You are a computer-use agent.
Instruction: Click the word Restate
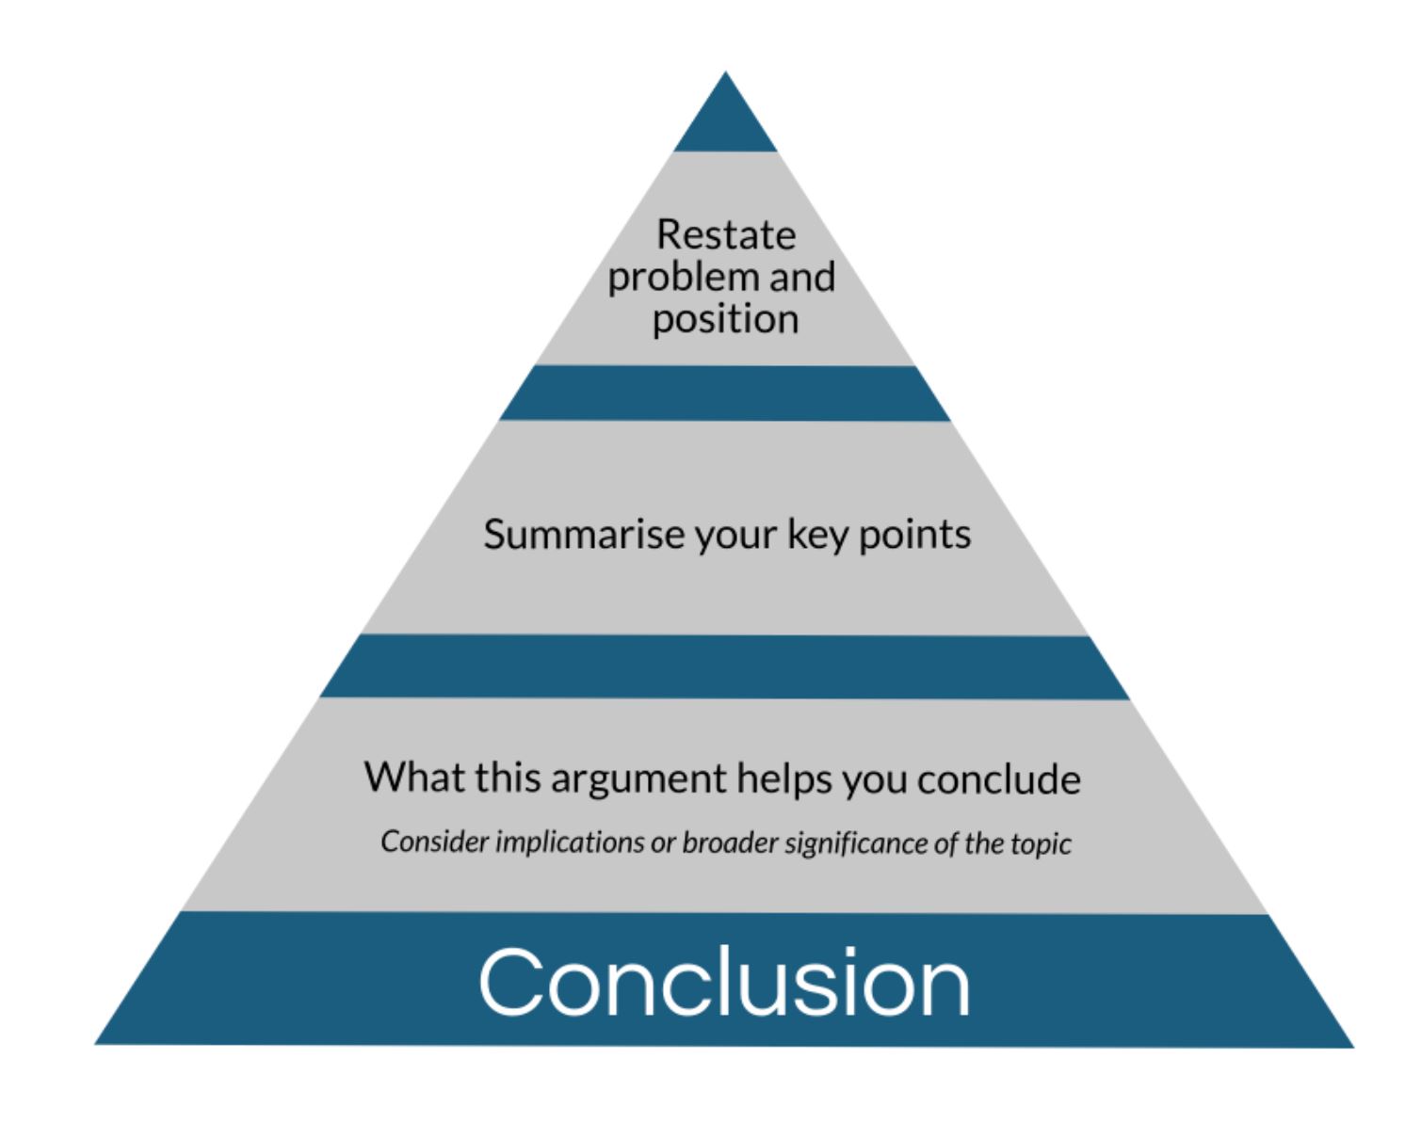click(x=725, y=234)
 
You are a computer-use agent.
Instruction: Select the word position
click(x=725, y=320)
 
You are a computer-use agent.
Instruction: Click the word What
click(x=410, y=778)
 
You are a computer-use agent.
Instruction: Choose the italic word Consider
click(x=434, y=842)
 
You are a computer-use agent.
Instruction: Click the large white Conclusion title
click(x=724, y=983)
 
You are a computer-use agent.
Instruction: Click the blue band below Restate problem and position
click(x=725, y=393)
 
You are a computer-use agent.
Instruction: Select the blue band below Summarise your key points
click(x=725, y=666)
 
